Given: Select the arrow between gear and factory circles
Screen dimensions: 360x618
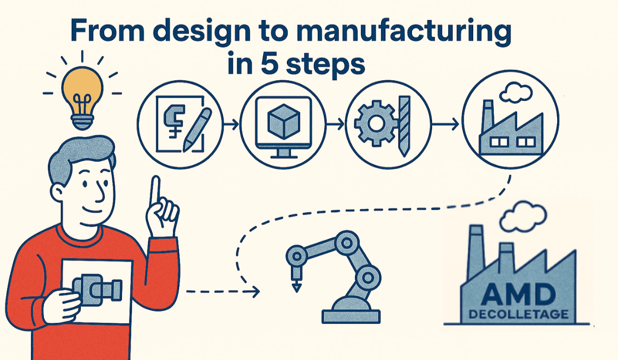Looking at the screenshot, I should coord(445,124).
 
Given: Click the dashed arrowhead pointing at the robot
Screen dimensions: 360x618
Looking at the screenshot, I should coord(255,293).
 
